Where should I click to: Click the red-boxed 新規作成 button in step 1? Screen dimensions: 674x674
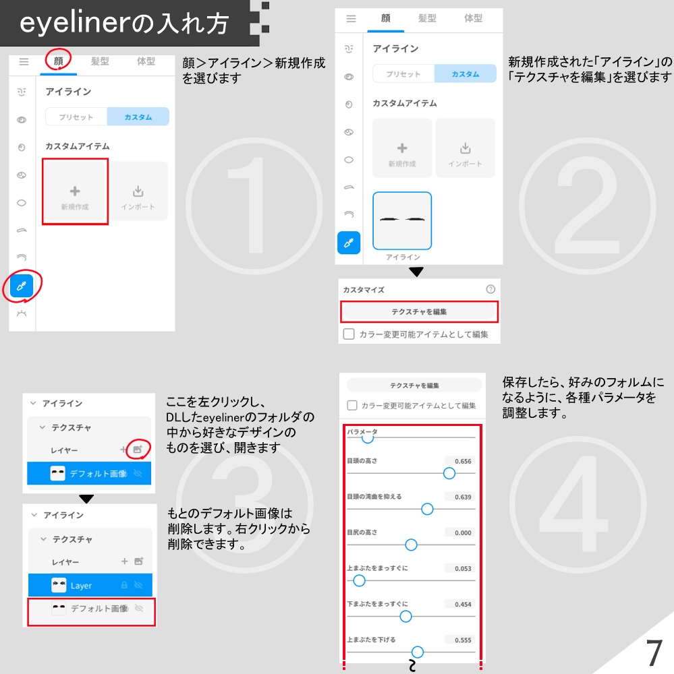coord(75,192)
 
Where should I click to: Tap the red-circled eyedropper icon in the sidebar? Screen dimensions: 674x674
coord(22,287)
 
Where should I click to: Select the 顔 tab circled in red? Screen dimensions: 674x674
coord(59,61)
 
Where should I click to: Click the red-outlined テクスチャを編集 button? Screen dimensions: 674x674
coord(419,312)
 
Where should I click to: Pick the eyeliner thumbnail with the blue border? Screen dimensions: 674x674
coord(402,221)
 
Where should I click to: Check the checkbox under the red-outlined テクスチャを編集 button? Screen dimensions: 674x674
coord(349,334)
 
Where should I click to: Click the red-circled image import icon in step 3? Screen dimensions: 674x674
coord(138,449)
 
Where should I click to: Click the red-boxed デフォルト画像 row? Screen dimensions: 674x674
coord(91,609)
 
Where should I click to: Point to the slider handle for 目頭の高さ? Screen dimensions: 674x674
coord(449,473)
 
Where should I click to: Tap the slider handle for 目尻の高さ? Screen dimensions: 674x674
coord(410,545)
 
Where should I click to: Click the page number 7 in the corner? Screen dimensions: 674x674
coord(652,652)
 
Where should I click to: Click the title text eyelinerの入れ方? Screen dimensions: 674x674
coord(125,24)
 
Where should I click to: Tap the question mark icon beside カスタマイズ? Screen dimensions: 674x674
coord(490,289)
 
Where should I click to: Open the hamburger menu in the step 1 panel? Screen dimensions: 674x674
coord(24,61)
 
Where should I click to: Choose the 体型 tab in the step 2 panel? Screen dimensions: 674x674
coord(474,19)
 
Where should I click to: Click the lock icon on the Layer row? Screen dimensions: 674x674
coord(124,585)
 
